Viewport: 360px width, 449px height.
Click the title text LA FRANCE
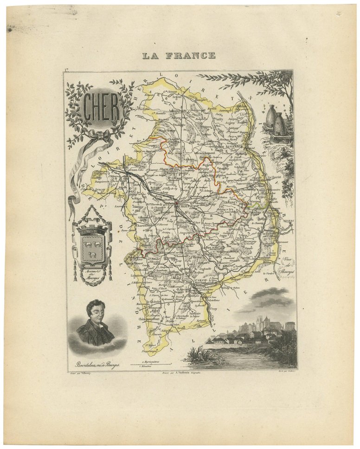point(179,56)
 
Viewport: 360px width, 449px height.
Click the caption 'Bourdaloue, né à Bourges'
point(92,365)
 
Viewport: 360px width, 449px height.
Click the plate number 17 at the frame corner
point(67,70)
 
